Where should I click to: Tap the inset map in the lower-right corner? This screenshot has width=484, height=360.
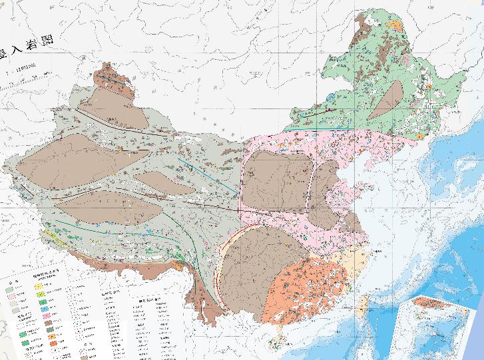click(x=436, y=326)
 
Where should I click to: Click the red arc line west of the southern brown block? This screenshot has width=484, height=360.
click(x=224, y=253)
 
